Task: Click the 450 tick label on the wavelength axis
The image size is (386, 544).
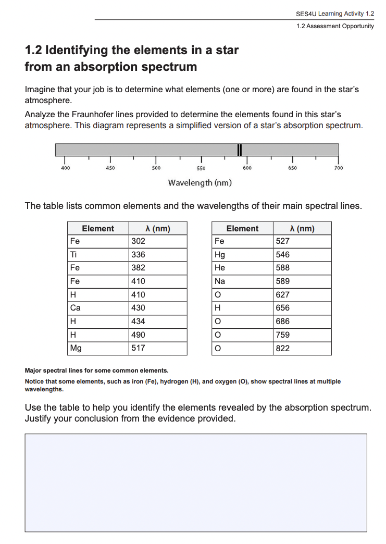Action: coord(110,168)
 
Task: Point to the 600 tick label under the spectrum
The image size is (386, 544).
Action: coord(247,168)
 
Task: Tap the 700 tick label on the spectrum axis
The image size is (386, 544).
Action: coord(338,168)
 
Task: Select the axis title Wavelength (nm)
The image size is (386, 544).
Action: coord(200,183)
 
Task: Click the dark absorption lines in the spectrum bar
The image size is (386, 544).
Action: coord(239,150)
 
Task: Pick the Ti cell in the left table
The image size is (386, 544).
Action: coord(75,255)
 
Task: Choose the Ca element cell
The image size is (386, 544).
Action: coord(76,308)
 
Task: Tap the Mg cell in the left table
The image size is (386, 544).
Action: coord(76,348)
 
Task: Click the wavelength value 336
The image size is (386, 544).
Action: coord(139,255)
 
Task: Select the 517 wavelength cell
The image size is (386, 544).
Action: coord(139,348)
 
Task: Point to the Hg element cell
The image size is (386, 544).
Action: coord(220,255)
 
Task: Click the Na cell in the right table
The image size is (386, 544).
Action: coord(220,281)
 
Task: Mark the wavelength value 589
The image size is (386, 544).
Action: coord(283,281)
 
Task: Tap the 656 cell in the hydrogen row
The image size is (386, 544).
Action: coord(283,308)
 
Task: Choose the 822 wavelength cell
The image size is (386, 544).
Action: coord(283,348)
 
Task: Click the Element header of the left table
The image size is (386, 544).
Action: coord(98,228)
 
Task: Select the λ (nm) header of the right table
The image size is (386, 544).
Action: coord(302,228)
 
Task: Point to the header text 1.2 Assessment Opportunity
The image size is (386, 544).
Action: coord(335,26)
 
